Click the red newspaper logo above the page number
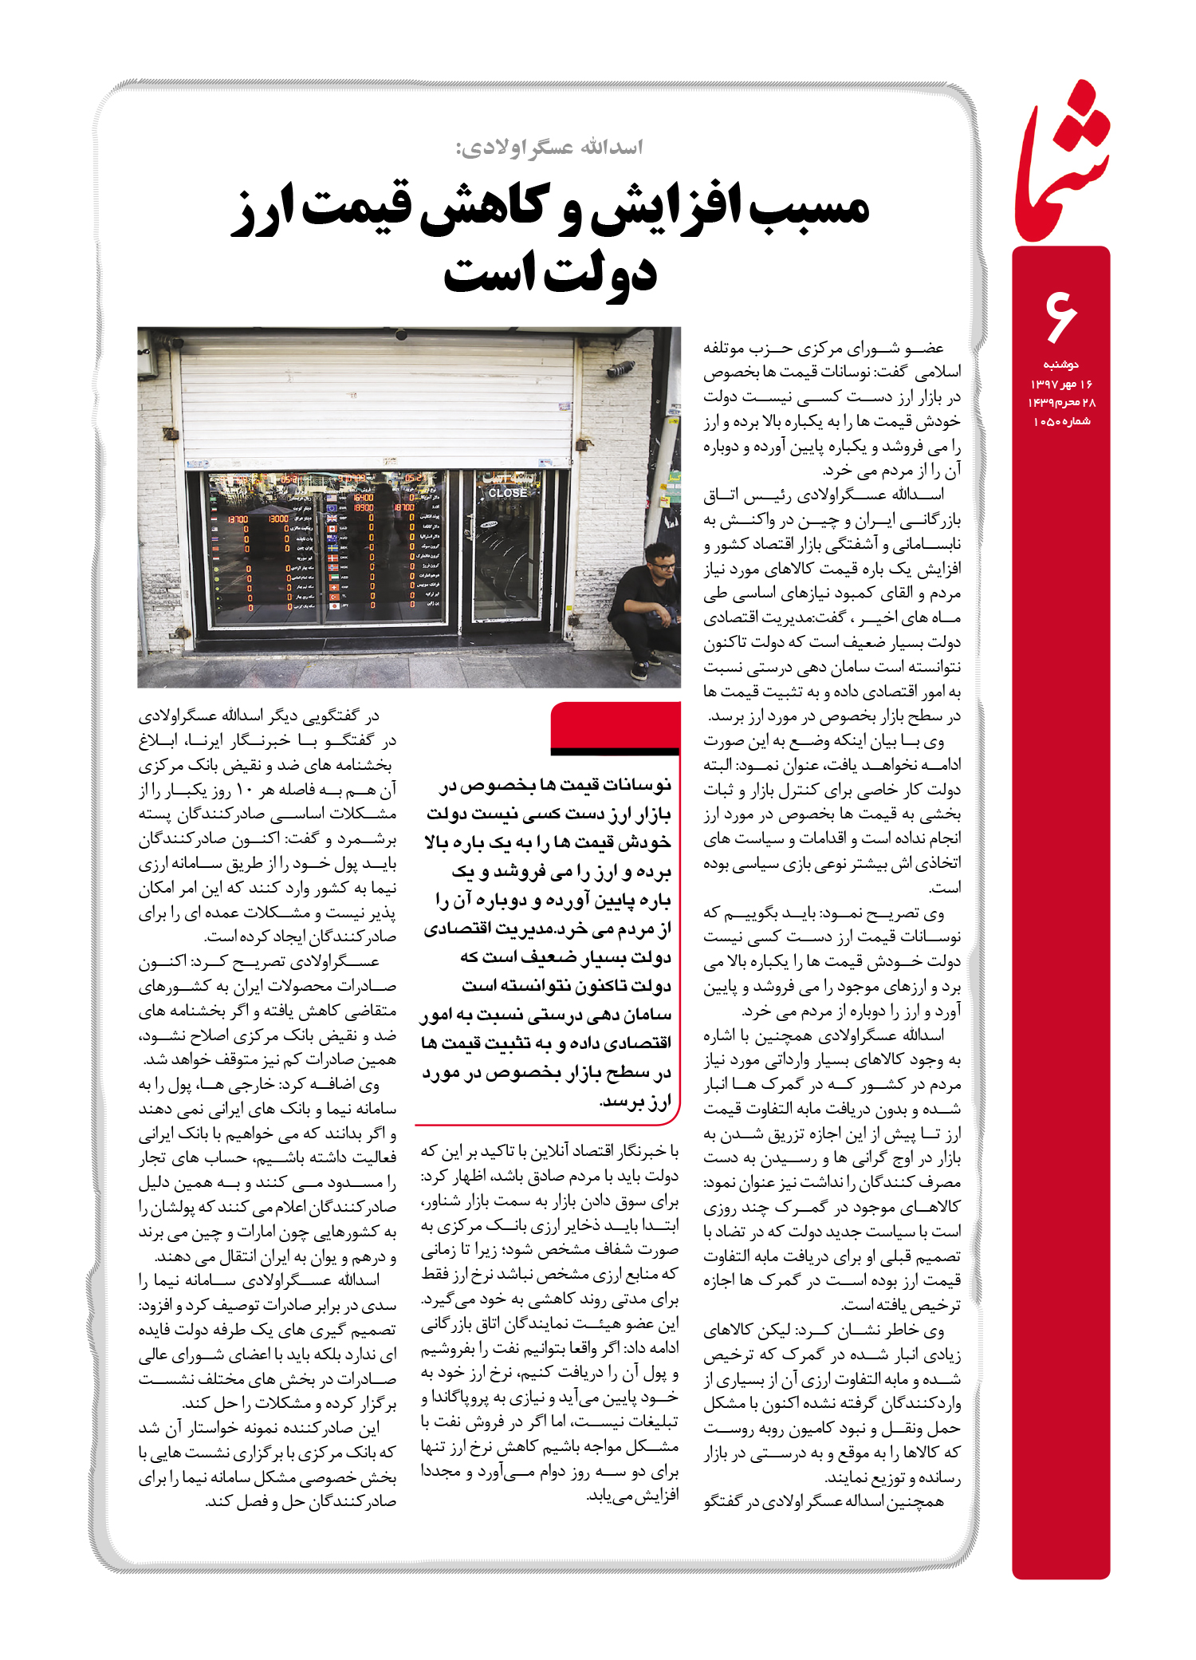[x=1062, y=164]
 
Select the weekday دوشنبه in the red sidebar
[x=1061, y=365]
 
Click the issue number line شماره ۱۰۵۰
[x=1061, y=421]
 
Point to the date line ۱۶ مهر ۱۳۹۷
[x=1061, y=384]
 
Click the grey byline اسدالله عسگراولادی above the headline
[x=549, y=148]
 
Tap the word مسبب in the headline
[x=806, y=209]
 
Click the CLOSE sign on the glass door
[x=508, y=493]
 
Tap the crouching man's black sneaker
[x=639, y=669]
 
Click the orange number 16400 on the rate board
[x=363, y=497]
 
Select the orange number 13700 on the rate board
[x=238, y=519]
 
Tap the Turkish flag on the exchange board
[x=333, y=596]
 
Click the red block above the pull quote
[x=615, y=726]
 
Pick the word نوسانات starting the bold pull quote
[x=639, y=786]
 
